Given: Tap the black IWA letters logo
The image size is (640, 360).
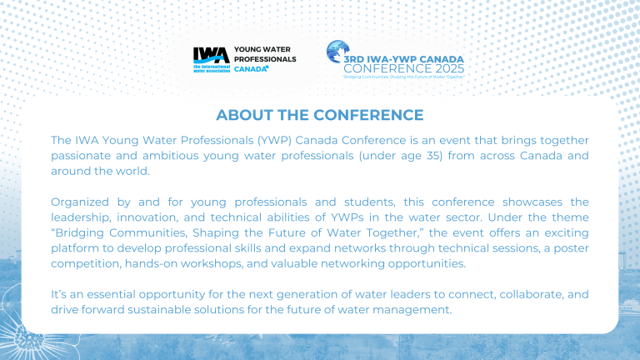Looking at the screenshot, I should [206, 55].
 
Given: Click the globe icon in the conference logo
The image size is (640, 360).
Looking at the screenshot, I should [338, 51].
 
